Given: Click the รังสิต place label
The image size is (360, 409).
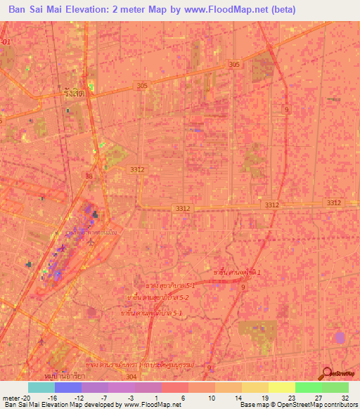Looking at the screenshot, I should (x=73, y=92).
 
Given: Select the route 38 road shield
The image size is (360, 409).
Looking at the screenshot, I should (x=89, y=176).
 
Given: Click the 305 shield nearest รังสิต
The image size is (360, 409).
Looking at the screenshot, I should (x=143, y=86).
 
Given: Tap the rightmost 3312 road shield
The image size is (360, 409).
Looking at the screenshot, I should (x=333, y=202).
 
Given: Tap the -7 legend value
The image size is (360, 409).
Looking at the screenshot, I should (x=103, y=398).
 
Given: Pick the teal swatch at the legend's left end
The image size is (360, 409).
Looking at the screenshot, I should (x=41, y=387).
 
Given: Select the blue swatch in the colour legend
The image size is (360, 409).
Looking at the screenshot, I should (x=67, y=387).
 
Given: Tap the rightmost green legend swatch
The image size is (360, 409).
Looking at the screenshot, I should (x=335, y=387).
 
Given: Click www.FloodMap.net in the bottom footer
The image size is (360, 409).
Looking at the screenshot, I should (x=151, y=405).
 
